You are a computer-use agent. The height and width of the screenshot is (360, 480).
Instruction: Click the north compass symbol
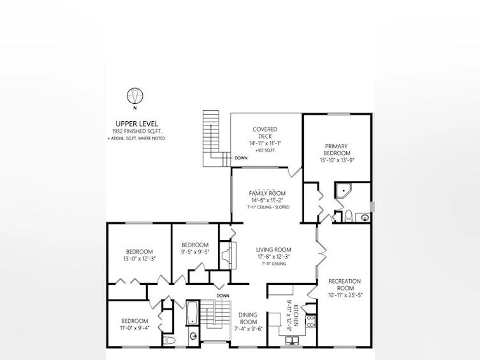(x=135, y=96)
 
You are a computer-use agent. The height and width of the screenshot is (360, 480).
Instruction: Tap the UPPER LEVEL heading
(x=137, y=124)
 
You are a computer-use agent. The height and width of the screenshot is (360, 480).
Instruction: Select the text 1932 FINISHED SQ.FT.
(x=137, y=131)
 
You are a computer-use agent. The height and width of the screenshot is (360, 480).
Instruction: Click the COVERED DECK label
(x=265, y=133)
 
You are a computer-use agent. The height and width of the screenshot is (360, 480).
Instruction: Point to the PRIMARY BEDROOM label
(x=337, y=150)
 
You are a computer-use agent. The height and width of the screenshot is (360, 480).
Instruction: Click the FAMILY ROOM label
(x=267, y=193)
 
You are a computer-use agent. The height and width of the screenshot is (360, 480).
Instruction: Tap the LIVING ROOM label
(x=273, y=250)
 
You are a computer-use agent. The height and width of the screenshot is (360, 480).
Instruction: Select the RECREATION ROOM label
(x=345, y=284)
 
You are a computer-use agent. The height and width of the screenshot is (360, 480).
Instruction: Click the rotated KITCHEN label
(x=296, y=315)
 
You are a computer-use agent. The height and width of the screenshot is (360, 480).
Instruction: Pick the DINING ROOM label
(x=248, y=318)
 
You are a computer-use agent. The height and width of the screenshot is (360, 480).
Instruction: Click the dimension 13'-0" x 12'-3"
(x=140, y=259)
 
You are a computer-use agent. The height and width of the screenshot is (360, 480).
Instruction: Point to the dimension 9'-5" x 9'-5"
(x=195, y=252)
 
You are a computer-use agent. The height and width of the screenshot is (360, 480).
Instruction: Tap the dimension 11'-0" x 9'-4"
(x=135, y=328)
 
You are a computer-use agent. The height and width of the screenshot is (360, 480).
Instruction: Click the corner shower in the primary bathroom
(x=344, y=191)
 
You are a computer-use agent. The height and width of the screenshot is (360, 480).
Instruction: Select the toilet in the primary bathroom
(x=349, y=215)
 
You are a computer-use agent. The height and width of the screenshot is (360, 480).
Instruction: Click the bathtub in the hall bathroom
(x=193, y=313)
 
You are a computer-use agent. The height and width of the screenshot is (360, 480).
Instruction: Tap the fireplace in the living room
(x=228, y=256)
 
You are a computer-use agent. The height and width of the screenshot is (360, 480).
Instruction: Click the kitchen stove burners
(x=310, y=321)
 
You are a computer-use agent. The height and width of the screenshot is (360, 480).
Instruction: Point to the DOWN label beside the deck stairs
(x=241, y=158)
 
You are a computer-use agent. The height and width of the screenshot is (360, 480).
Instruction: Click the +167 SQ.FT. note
(x=265, y=150)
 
